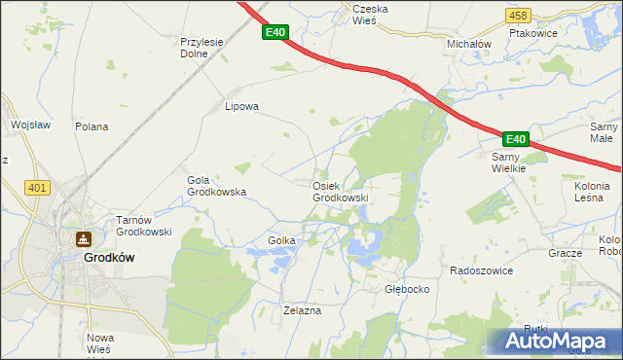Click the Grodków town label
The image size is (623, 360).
pyautogui.click(x=108, y=258)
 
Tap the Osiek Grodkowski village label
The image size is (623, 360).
pyautogui.click(x=340, y=192)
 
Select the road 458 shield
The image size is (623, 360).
pyautogui.click(x=518, y=16)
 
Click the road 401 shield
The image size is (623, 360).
pyautogui.click(x=38, y=188)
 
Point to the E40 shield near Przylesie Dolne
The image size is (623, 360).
pyautogui.click(x=275, y=32)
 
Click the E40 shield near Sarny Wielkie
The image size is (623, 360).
pyautogui.click(x=515, y=139)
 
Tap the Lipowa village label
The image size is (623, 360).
pyautogui.click(x=241, y=107)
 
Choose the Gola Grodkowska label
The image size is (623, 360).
pyautogui.click(x=215, y=186)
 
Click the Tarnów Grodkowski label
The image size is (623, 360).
pyautogui.click(x=144, y=226)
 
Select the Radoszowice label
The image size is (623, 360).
pyautogui.click(x=481, y=270)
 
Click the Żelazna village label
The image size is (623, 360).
pyautogui.click(x=301, y=310)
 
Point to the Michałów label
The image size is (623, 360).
pyautogui.click(x=469, y=45)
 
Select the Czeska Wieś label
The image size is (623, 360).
pyautogui.click(x=371, y=14)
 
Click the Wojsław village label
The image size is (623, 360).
pyautogui.click(x=29, y=126)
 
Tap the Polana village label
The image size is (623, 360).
pyautogui.click(x=92, y=126)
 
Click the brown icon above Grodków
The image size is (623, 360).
pyautogui.click(x=85, y=239)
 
